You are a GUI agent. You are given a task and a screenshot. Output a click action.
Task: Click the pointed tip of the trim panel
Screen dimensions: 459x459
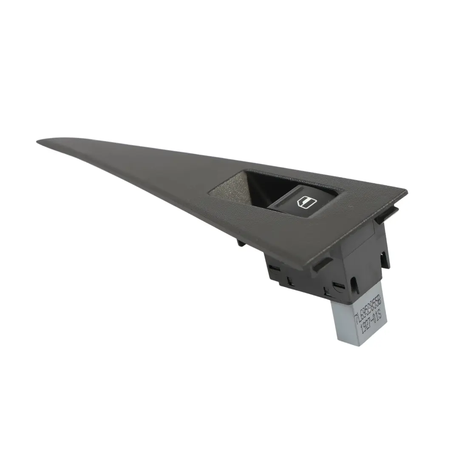(x=39, y=142)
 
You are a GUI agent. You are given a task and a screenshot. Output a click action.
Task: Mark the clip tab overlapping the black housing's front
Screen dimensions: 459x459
(x=322, y=263)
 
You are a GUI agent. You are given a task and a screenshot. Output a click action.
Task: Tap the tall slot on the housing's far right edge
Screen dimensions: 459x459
(x=384, y=257)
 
